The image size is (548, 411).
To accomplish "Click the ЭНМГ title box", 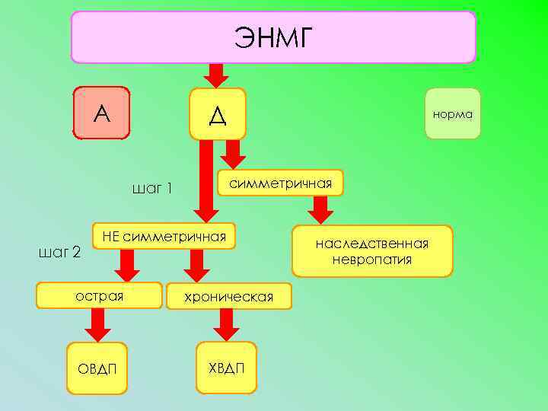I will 273,37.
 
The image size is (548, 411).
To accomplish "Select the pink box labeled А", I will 101,113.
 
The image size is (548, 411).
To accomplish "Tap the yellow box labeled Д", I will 218,114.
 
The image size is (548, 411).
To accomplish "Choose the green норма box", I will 453,114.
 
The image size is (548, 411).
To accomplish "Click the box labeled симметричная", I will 281,183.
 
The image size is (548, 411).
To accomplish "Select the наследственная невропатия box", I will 372,251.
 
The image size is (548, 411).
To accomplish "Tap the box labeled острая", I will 100,295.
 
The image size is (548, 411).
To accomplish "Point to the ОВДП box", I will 97,368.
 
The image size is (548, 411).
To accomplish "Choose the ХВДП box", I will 226,368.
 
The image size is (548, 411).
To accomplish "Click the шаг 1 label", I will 152,188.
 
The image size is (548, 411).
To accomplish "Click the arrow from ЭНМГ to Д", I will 217,75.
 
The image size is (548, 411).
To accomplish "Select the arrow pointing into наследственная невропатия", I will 320,210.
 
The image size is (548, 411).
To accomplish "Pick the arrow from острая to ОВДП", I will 96,326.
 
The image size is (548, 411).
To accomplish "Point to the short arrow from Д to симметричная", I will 234,154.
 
